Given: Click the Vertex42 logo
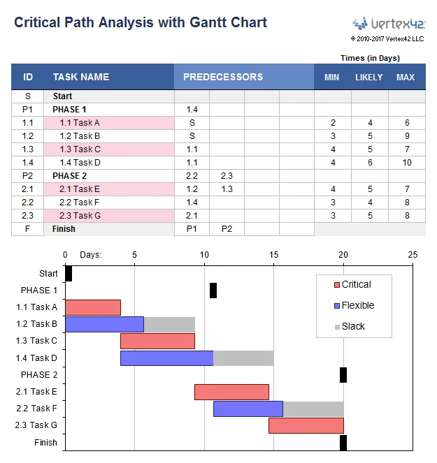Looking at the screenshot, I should pos(388,23).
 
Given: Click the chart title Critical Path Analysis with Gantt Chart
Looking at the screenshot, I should pos(141,22).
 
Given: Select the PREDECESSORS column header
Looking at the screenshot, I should pos(223,77).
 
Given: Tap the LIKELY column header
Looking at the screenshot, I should pos(369,78).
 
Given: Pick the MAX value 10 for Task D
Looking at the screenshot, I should pos(406,163).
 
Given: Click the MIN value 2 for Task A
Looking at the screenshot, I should pos(333,123).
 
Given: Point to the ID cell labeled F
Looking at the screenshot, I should pos(28,229).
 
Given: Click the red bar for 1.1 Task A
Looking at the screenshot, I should pos(93,307).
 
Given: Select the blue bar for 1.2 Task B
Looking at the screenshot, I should pos(104,324).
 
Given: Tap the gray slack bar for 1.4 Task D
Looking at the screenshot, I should pos(243,358).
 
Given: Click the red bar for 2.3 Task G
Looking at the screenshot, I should pos(306,426).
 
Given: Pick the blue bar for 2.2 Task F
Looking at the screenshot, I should pos(248,409).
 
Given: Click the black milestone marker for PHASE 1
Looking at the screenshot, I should pos(213,291).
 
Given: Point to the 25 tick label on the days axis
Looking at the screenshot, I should pos(413,255).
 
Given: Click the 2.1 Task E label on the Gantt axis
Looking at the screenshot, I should pos(36,392).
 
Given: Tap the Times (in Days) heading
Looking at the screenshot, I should pos(370,58).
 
